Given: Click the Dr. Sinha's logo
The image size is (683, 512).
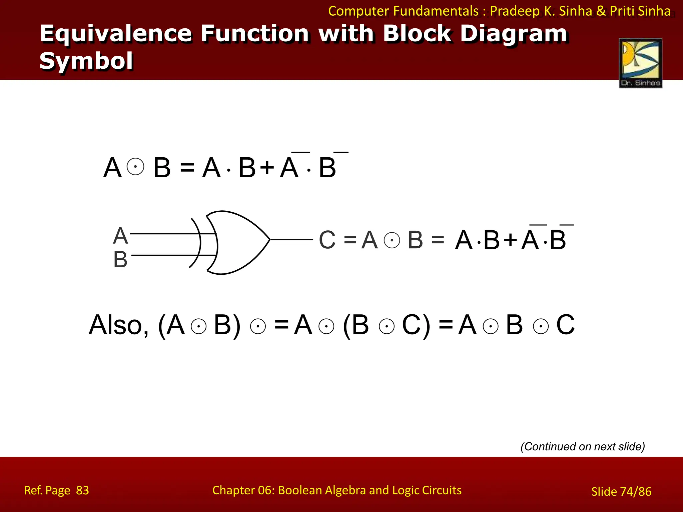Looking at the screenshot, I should tap(640, 63).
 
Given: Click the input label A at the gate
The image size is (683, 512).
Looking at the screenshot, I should tap(120, 236).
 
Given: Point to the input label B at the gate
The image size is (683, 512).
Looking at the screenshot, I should tap(120, 259).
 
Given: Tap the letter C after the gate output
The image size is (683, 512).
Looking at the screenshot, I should tap(327, 240).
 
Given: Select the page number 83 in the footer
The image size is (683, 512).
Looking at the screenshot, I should tap(82, 490).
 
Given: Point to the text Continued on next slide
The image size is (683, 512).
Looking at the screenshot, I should tap(583, 446).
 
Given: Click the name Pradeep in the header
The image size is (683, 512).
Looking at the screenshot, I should tap(515, 11).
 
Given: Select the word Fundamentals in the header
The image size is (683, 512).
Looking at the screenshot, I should tap(436, 11).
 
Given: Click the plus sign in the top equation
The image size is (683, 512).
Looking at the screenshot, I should tap(267, 167).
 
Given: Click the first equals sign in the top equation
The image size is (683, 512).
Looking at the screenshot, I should tap(187, 167).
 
